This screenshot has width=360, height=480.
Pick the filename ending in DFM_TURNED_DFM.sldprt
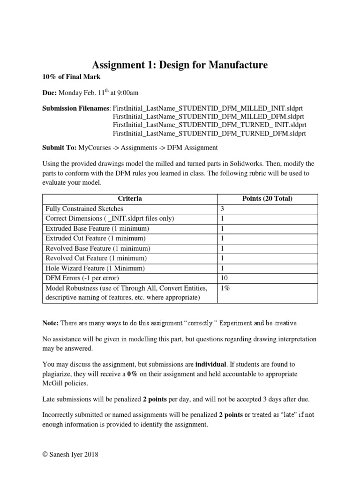(209, 133)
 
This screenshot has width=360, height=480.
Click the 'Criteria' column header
(130, 199)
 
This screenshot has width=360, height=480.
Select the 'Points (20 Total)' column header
(267, 199)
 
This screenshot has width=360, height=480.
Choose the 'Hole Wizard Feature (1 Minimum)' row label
(94, 268)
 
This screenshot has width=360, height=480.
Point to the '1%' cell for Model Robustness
(225, 288)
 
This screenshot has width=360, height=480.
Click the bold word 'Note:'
(51, 323)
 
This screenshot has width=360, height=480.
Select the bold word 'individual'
(212, 364)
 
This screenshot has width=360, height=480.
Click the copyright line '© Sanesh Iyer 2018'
(71, 454)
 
